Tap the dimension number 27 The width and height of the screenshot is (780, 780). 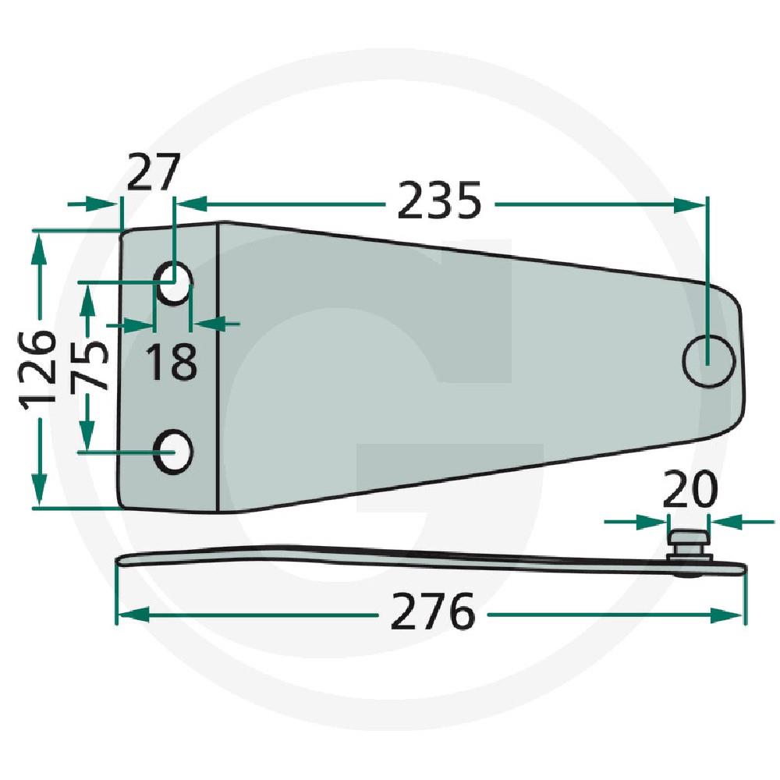coord(153,172)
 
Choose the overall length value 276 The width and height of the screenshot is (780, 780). coord(432,613)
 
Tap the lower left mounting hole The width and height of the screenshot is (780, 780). coord(173,449)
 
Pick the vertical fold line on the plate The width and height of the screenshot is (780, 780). coord(217,367)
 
